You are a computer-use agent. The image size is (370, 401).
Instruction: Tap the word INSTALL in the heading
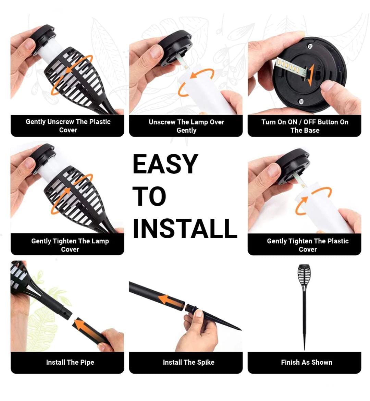185,228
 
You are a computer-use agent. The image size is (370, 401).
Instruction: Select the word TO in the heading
149,196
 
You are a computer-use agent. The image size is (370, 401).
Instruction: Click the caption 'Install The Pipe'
70,362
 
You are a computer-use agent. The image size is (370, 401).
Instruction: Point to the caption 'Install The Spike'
188,362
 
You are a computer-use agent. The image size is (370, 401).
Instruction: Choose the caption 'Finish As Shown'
307,362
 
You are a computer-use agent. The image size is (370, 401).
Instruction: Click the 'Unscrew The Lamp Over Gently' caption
186,126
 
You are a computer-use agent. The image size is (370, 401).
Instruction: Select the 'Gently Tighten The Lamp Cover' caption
70,245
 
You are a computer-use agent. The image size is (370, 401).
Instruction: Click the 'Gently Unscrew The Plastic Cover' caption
68,125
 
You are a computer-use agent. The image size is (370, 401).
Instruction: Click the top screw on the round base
310,46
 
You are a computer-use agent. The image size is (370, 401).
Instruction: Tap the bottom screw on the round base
301,101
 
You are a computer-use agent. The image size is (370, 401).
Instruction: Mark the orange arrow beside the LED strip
311,75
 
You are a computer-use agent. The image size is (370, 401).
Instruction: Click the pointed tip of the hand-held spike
241,329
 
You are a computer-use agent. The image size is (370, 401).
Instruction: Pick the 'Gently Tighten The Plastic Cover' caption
308,245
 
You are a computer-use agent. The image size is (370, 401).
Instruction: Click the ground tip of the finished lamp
304,349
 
